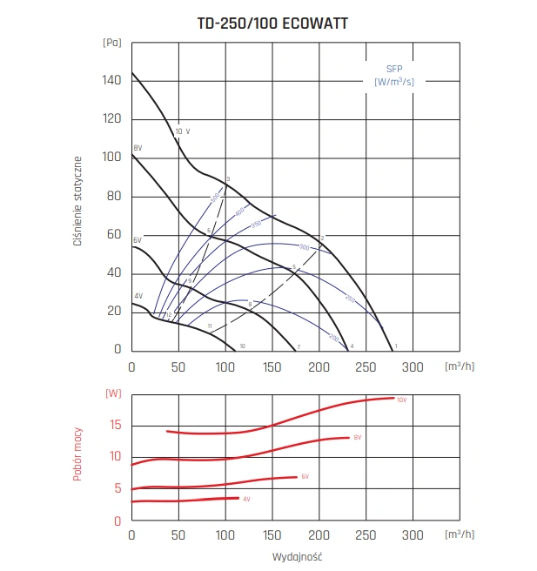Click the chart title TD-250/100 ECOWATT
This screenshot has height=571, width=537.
[x=272, y=24]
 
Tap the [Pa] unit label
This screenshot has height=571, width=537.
[x=111, y=42]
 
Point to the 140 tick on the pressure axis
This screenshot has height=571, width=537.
[x=111, y=79]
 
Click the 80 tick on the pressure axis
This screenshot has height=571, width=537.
[x=114, y=196]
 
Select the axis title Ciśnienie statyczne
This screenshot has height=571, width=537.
[x=77, y=201]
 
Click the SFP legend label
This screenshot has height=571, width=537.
[x=394, y=68]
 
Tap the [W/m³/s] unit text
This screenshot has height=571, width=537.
[x=394, y=82]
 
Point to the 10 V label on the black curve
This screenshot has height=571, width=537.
[x=182, y=131]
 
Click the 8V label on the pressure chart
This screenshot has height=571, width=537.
[x=138, y=148]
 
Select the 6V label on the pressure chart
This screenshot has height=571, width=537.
[x=138, y=239]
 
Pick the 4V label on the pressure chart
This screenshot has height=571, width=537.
[x=138, y=296]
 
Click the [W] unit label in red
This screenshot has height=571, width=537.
[x=113, y=393]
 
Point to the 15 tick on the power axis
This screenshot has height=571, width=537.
[x=115, y=425]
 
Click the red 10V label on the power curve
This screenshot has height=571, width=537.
[x=401, y=400]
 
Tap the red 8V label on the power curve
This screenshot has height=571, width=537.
[x=357, y=438]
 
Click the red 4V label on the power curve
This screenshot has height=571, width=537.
[x=246, y=500]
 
